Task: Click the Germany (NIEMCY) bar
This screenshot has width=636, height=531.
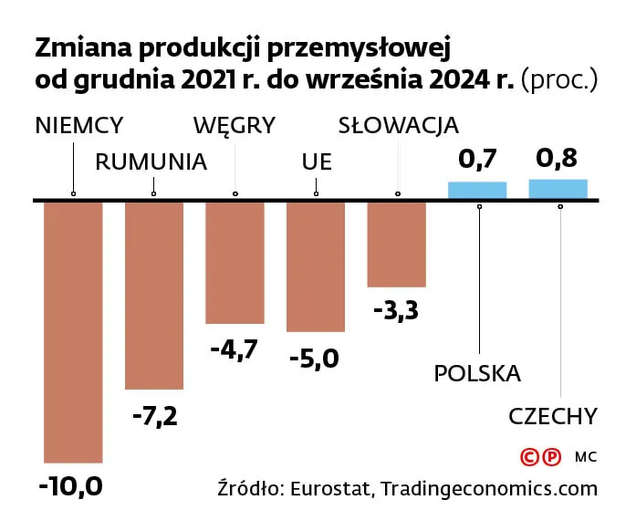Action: tap(73, 331)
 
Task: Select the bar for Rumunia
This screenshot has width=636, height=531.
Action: tap(153, 295)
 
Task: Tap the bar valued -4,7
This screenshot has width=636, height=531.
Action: tap(235, 263)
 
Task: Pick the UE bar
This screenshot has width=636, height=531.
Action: tap(316, 266)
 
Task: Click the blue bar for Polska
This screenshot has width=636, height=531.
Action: tap(476, 191)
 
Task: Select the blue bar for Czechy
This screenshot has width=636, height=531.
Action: tap(558, 189)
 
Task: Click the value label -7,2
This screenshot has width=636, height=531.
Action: tap(154, 417)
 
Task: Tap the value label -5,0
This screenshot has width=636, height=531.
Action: tap(314, 359)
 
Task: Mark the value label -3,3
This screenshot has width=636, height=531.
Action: tap(396, 310)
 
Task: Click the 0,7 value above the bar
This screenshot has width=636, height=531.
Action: tap(476, 160)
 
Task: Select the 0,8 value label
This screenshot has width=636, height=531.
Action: tap(557, 158)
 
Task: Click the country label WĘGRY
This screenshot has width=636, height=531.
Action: tap(235, 125)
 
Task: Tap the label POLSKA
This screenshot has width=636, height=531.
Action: tap(477, 373)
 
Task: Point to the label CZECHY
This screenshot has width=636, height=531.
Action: tap(553, 417)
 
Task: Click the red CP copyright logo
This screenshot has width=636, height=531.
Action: tap(539, 456)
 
